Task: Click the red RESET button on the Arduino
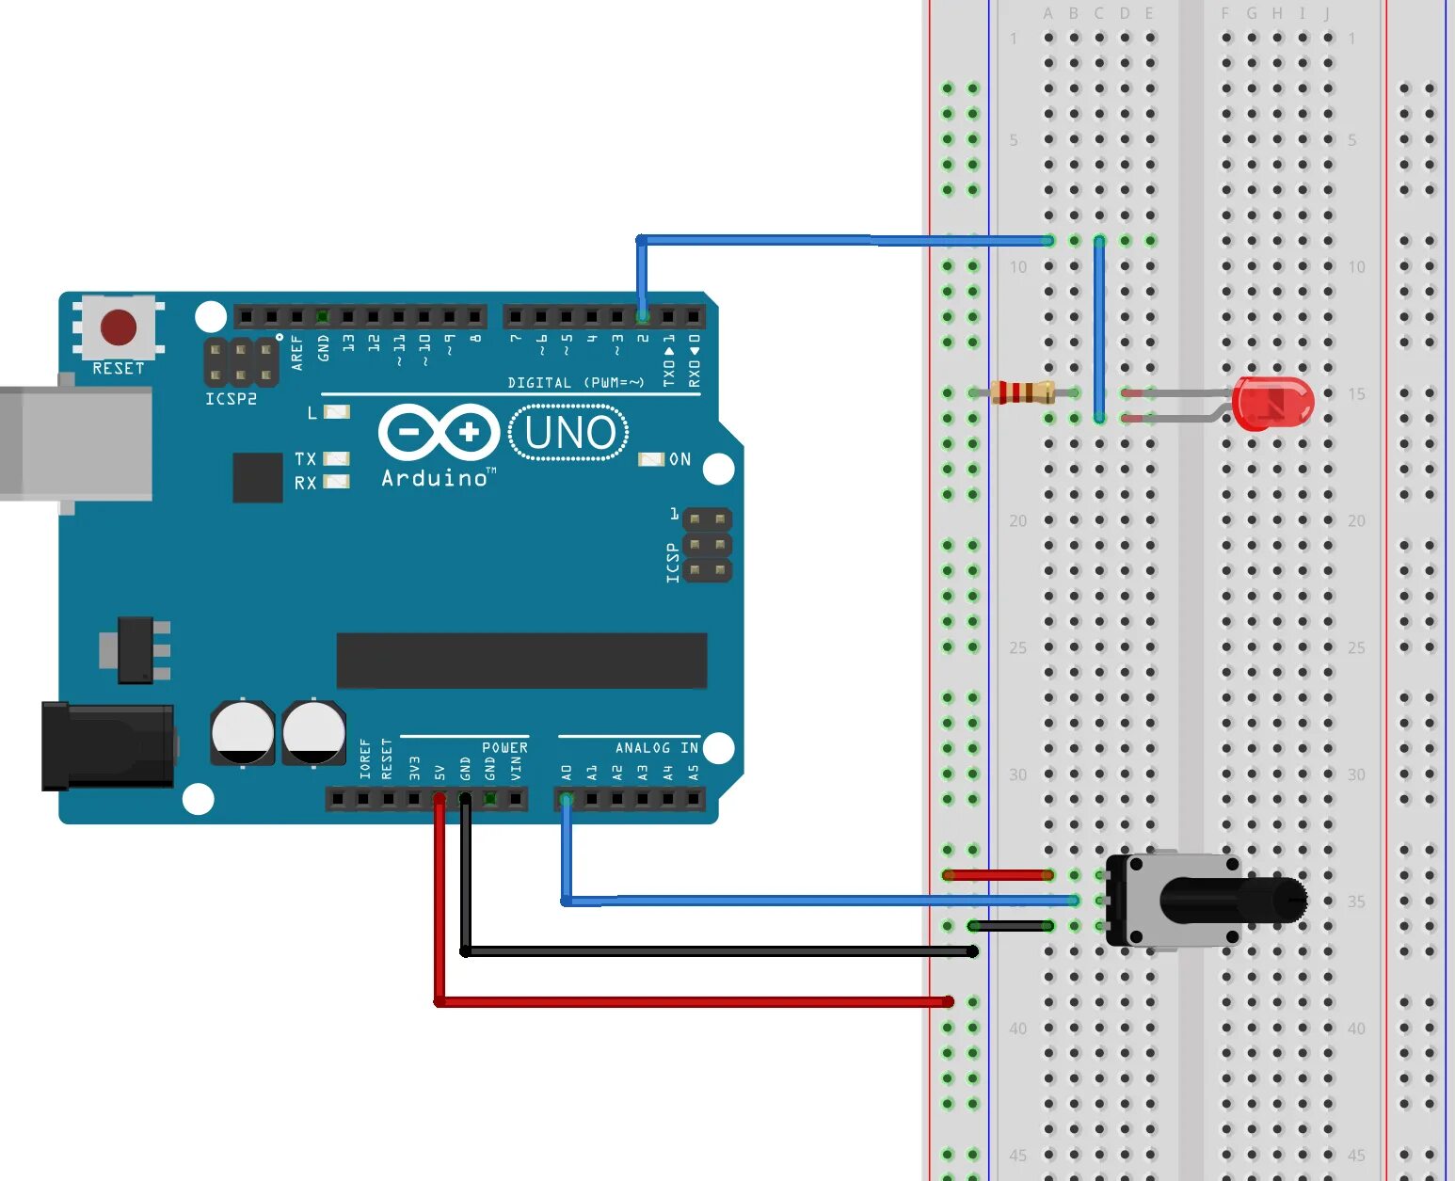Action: (x=119, y=327)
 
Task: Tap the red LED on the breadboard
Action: (x=1271, y=403)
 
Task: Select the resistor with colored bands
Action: (x=1022, y=392)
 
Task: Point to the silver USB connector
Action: (x=75, y=442)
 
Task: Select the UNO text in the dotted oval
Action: (x=569, y=433)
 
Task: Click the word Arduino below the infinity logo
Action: (x=435, y=478)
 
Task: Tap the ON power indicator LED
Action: (x=651, y=459)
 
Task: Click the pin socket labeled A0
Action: (x=566, y=799)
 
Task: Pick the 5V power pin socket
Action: (x=440, y=799)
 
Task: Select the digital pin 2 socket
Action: (x=642, y=316)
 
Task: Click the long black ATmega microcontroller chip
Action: (x=521, y=661)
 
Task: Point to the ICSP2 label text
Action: (x=231, y=399)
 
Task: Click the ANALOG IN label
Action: (x=656, y=747)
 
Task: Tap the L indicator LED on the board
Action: (x=336, y=412)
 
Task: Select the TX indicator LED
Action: (x=336, y=458)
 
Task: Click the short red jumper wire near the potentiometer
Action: (x=998, y=875)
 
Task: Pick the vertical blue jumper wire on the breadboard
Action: (x=1099, y=329)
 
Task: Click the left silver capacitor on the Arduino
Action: (x=243, y=732)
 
